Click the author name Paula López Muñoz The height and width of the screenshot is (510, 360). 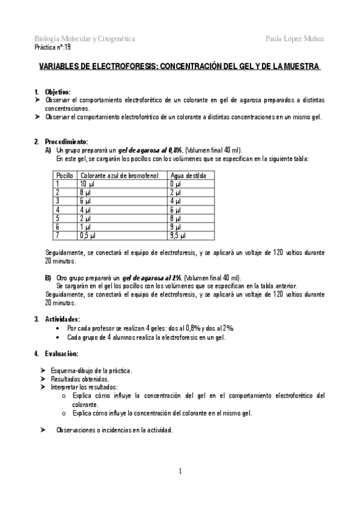(294, 38)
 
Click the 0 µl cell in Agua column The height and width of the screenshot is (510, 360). (175, 183)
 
